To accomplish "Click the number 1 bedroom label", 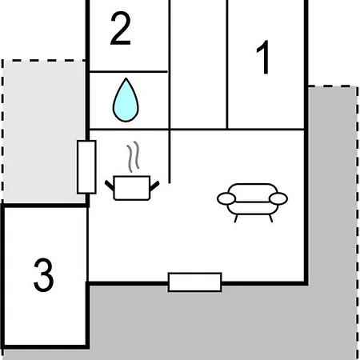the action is [263, 58].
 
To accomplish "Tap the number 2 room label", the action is [121, 28].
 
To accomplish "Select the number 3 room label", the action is [43, 274].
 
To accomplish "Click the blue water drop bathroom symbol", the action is [126, 100].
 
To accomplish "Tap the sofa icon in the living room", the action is [252, 202].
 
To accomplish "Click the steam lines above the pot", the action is [133, 157].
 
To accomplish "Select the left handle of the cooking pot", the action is [110, 186].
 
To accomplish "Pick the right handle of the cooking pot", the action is [154, 186].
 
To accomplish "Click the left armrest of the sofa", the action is [226, 199].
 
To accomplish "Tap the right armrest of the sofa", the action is [278, 199].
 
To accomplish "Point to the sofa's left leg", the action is [236, 218].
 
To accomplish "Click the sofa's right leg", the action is [271, 218].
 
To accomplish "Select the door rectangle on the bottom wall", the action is [195, 282].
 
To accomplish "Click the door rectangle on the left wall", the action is [86, 167].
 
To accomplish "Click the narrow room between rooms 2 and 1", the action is [198, 64].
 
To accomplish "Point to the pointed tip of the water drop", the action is [126, 78].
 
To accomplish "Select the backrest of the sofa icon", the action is [253, 193].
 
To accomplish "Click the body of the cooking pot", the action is [132, 188].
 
